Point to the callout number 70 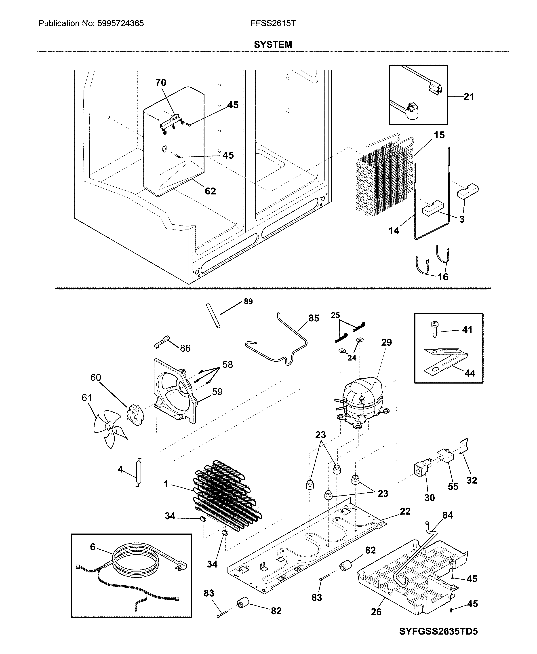[x=160, y=83]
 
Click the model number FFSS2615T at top [x=273, y=23]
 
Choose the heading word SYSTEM [x=273, y=45]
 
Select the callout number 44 [x=470, y=373]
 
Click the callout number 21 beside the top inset [x=469, y=97]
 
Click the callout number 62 [x=210, y=191]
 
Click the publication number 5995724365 [x=121, y=23]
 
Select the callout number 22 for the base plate [x=405, y=511]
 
